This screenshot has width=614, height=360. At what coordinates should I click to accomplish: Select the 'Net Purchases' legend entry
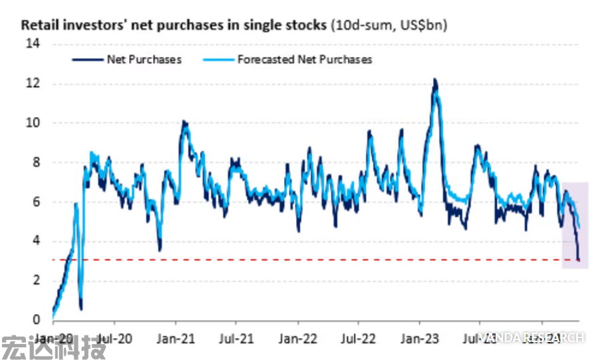(144, 59)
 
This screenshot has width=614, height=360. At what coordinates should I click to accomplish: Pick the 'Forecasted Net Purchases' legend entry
(304, 59)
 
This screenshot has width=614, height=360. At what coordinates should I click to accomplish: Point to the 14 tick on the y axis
(33, 44)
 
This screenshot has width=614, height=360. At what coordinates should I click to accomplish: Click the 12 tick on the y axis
(33, 83)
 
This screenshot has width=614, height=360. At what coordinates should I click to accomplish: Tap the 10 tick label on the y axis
(33, 122)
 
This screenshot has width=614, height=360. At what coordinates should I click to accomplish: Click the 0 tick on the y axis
(36, 319)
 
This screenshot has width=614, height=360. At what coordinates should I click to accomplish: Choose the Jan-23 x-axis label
(420, 337)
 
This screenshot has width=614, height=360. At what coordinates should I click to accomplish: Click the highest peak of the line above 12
(434, 80)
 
